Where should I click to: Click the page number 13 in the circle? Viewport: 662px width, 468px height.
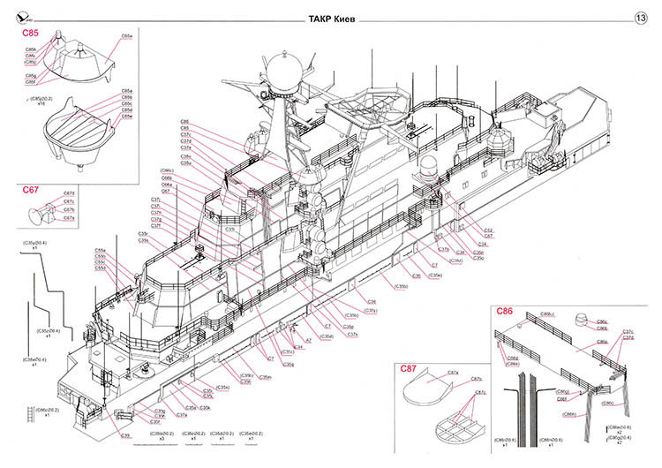coord(641,17)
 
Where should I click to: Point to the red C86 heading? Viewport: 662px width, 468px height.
coord(504,312)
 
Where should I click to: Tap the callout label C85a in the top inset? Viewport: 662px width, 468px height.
coord(125,35)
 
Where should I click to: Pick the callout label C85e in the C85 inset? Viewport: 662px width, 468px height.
coord(126,116)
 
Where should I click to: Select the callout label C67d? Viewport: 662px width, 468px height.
coord(69,193)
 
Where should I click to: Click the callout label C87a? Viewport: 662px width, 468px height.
coord(452,374)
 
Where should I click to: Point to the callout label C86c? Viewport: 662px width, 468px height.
coord(601,322)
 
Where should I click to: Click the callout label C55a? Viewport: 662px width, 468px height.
coord(101,250)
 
